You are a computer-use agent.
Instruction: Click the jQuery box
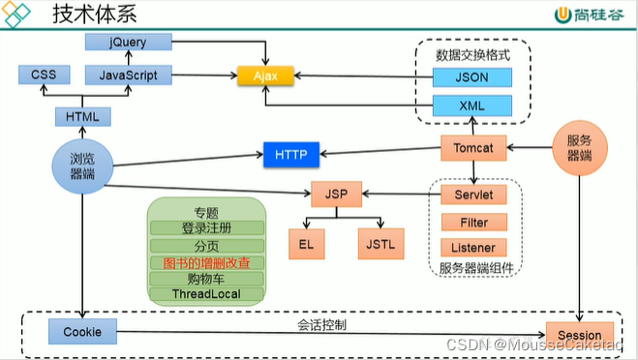pos(128,42)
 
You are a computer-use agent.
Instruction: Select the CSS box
pos(45,75)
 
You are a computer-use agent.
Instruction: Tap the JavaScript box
pos(128,75)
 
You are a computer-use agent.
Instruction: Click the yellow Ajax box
pos(266,75)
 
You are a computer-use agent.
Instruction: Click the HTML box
pos(82,116)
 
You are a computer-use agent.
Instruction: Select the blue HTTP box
pos(290,154)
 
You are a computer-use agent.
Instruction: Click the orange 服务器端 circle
pos(579,148)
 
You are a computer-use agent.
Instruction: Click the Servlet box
pos(473,195)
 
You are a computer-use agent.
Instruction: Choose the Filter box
pos(473,222)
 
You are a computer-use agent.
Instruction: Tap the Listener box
pos(473,249)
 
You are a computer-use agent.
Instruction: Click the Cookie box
pos(82,333)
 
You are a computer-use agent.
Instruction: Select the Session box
pos(579,334)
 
